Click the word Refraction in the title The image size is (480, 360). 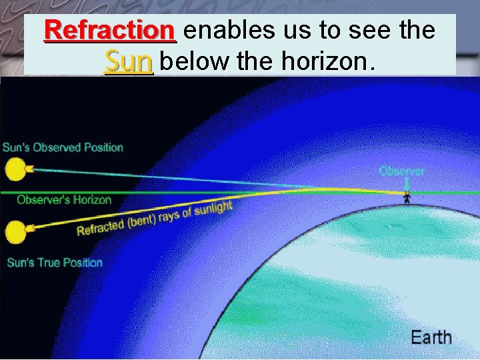(x=109, y=29)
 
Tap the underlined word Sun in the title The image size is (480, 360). (x=129, y=61)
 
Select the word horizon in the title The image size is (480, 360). (x=325, y=61)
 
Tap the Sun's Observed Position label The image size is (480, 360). (x=63, y=147)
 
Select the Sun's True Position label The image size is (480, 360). (x=55, y=263)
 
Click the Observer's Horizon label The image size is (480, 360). (x=64, y=199)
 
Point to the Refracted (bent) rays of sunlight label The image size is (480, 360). (x=155, y=218)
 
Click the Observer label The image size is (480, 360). (x=401, y=171)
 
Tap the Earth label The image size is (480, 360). (x=431, y=337)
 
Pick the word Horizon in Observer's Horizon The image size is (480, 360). (x=91, y=199)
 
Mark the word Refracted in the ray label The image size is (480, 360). (x=101, y=227)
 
